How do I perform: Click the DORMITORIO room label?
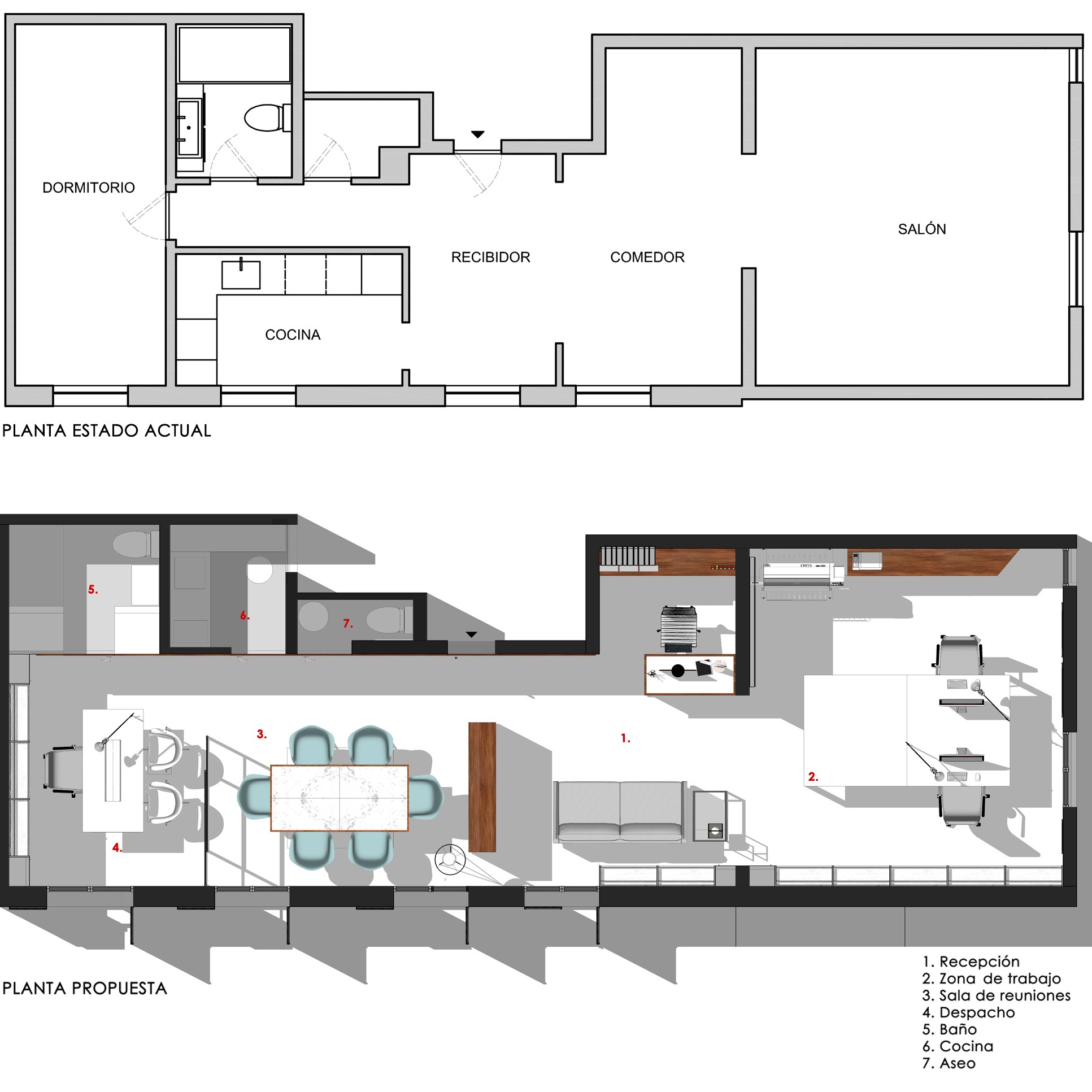click(x=89, y=188)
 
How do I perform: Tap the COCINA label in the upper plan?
click(x=293, y=334)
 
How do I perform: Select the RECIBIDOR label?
click(x=490, y=257)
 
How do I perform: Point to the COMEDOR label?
click(x=647, y=257)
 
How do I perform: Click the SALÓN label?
click(x=922, y=229)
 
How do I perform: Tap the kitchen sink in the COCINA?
click(x=241, y=274)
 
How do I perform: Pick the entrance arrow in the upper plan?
click(x=477, y=134)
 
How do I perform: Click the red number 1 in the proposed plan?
click(x=625, y=738)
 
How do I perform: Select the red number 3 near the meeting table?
click(x=261, y=734)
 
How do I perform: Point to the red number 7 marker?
click(x=347, y=624)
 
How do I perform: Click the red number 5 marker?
click(x=93, y=590)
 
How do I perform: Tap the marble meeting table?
click(x=339, y=798)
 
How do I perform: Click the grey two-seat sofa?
click(x=621, y=812)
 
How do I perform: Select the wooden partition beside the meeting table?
click(x=482, y=787)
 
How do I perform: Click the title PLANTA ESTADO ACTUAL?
click(x=107, y=430)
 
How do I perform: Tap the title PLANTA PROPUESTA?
click(x=85, y=989)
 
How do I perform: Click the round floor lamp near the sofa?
click(x=450, y=859)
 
